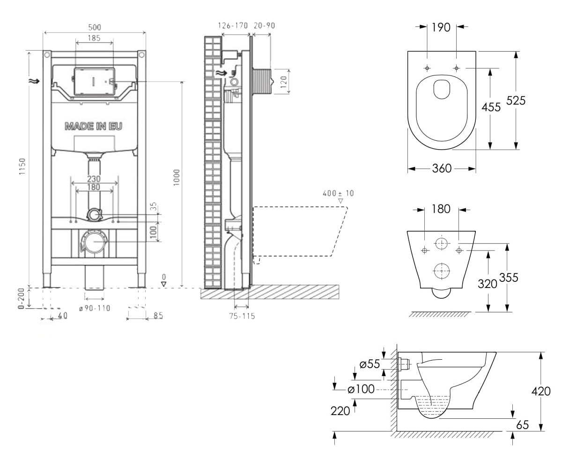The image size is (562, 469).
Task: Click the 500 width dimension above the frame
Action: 95,27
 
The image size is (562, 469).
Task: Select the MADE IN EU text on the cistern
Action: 93,126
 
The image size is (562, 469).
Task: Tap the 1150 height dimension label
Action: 22,166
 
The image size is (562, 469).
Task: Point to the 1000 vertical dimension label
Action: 176,177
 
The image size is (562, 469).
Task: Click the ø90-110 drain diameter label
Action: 95,308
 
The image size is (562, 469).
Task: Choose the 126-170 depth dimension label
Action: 233,26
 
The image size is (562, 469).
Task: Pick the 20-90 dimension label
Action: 264,26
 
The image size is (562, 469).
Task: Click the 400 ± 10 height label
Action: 338,193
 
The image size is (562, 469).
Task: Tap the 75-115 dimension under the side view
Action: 242,316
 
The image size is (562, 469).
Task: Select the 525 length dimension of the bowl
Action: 516,100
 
